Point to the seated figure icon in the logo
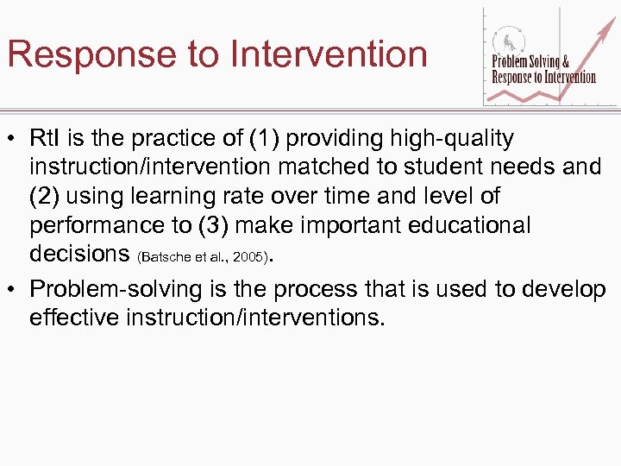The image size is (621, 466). pyautogui.click(x=504, y=41)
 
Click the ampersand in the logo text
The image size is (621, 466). pyautogui.click(x=566, y=62)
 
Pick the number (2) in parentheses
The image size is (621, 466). pyautogui.click(x=45, y=196)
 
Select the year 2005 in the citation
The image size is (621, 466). pyautogui.click(x=248, y=257)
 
